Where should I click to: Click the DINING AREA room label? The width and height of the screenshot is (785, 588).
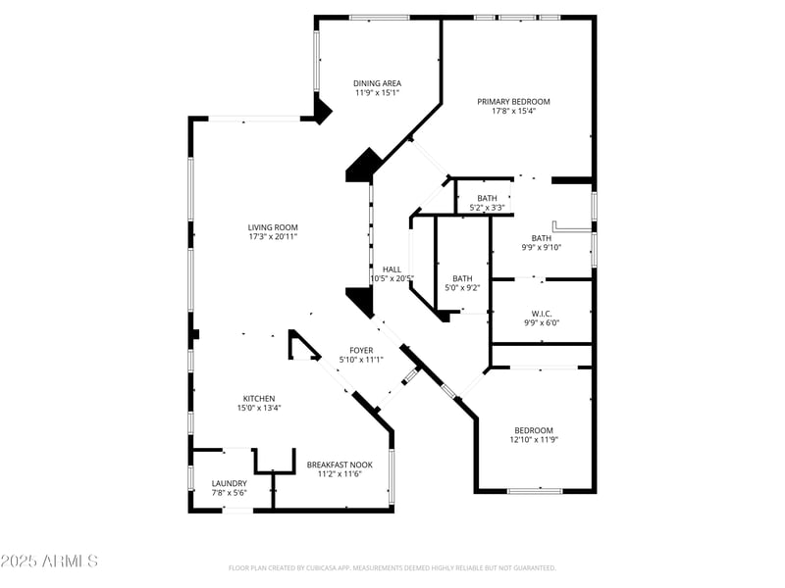click(377, 83)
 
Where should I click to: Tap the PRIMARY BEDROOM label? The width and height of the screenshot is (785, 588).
click(513, 101)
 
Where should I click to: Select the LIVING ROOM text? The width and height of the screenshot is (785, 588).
click(272, 226)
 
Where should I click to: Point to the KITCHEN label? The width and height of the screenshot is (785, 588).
click(259, 398)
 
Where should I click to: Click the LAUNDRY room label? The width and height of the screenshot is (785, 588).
click(230, 483)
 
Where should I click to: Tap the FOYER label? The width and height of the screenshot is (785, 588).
click(361, 350)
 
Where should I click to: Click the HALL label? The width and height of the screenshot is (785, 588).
click(392, 269)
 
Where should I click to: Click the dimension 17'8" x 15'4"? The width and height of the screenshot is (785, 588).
click(513, 111)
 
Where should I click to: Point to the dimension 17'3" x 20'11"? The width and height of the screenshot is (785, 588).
click(272, 236)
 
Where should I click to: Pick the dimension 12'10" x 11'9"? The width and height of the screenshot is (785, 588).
click(534, 440)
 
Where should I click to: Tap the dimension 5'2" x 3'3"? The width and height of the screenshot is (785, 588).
click(487, 207)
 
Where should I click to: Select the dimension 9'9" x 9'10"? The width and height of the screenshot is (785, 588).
click(541, 247)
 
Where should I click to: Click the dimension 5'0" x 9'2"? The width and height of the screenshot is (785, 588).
click(462, 288)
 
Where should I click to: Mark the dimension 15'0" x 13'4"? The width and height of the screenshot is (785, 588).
click(259, 408)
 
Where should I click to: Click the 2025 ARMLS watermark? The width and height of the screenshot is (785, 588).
click(49, 562)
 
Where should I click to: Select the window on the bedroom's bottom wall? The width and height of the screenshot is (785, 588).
click(535, 490)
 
